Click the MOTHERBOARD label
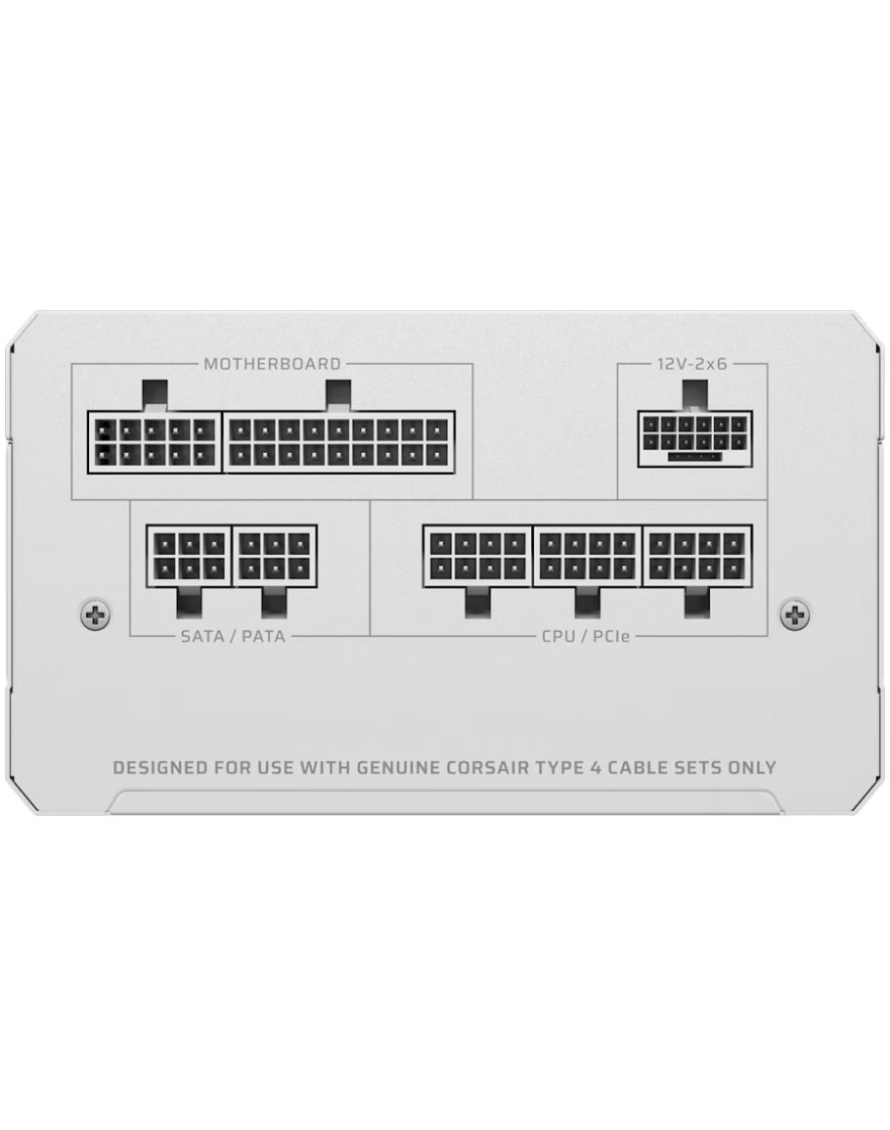pos(272,364)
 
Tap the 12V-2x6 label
pos(691,364)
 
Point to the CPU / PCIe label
pos(586,637)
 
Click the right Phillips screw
pos(794,613)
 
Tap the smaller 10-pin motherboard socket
pos(156,443)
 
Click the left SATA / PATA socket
pos(189,557)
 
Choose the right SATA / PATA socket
pos(275,557)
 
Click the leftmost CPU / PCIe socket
pos(477,557)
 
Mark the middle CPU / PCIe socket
pos(587,557)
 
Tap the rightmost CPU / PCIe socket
pos(697,557)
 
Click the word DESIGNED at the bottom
pos(160,767)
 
